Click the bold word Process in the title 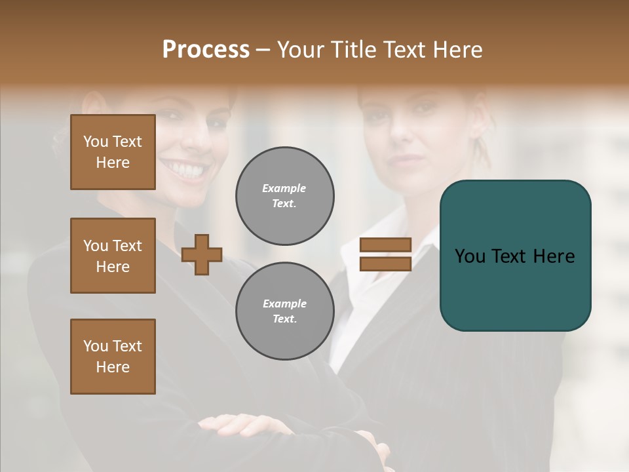click(206, 50)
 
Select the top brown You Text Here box click(113, 152)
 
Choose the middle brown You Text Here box click(113, 256)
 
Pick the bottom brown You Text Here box click(113, 357)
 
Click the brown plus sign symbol click(202, 254)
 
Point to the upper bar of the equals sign click(385, 245)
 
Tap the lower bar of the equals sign click(385, 264)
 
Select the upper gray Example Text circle click(284, 196)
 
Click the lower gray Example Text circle click(284, 311)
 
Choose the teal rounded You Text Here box click(515, 256)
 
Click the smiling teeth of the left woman click(189, 170)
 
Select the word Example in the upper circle click(284, 188)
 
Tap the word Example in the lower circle click(284, 304)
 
